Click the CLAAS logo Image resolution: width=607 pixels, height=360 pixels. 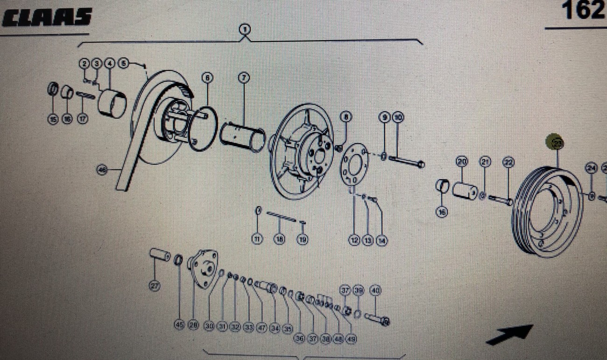(47, 17)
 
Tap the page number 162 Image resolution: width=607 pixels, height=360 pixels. (583, 10)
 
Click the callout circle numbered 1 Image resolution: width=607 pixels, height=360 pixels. (245, 30)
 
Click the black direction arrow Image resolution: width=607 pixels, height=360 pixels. (509, 335)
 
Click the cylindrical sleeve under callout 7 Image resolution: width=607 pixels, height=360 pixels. (242, 136)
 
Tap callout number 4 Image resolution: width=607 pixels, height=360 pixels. (109, 63)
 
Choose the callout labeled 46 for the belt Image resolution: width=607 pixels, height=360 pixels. (103, 169)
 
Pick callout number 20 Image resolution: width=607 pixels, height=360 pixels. (462, 162)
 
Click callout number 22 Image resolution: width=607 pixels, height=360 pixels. (508, 162)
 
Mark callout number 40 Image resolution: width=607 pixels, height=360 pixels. (375, 290)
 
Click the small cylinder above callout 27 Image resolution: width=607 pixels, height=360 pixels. (160, 256)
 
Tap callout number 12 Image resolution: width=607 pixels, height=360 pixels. (354, 240)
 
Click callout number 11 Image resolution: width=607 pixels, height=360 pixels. (257, 239)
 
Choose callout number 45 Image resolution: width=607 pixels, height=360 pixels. (179, 325)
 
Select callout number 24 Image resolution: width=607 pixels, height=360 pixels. (592, 169)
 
